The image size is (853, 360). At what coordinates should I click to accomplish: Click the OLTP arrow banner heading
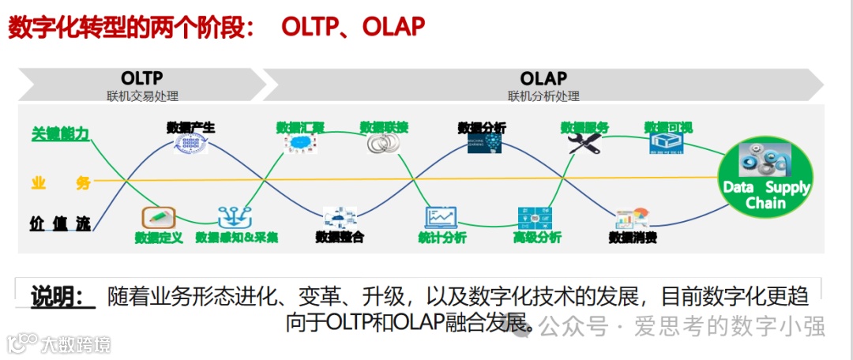pos(142,78)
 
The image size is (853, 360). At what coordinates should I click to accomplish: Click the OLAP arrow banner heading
pos(543,78)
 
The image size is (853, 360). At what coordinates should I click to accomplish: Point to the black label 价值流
pos(60,223)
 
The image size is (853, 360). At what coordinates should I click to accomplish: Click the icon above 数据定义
pos(158,217)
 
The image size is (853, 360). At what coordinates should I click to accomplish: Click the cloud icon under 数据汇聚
pos(300,144)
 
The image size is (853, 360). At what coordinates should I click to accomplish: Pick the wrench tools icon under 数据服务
pos(584,144)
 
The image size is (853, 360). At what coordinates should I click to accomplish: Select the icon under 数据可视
pos(667,144)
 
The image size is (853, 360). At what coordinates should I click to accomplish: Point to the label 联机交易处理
pos(143,96)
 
